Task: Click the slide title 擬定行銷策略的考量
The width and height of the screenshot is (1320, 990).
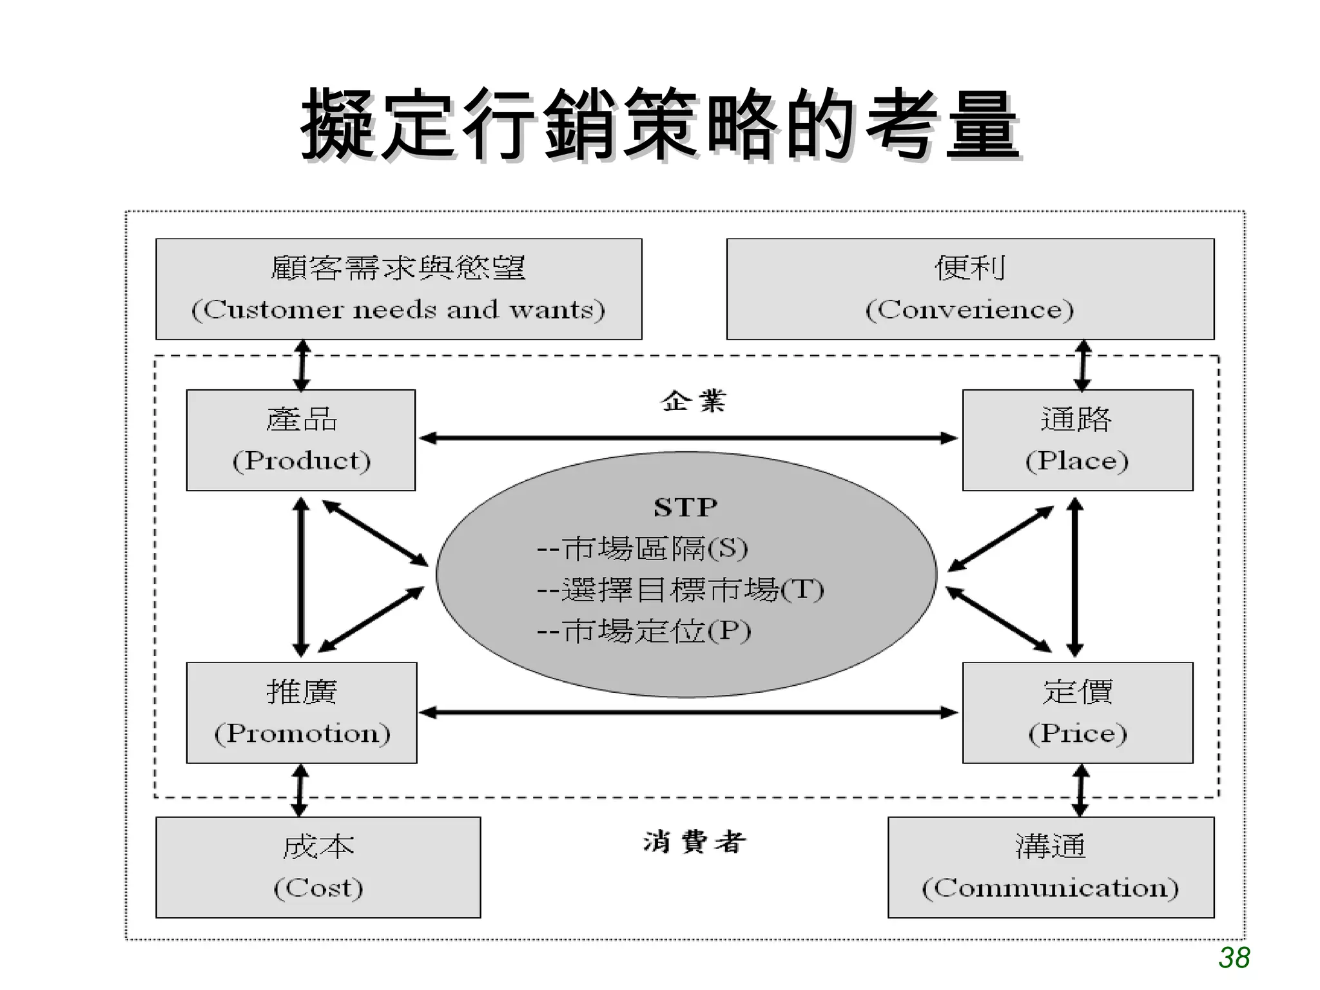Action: click(x=660, y=124)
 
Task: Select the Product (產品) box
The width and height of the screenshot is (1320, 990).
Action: click(x=301, y=440)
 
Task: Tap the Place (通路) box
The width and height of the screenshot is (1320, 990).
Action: click(x=1077, y=440)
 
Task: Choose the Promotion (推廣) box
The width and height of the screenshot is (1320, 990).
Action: click(x=302, y=712)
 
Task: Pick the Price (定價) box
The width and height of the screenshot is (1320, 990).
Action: click(x=1077, y=712)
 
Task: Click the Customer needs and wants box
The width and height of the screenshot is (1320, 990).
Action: click(x=398, y=289)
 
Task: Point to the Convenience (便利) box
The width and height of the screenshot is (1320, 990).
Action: click(x=970, y=289)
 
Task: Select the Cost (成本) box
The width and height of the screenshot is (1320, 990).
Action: click(x=318, y=867)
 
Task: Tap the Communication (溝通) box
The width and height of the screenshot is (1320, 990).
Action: click(x=1051, y=867)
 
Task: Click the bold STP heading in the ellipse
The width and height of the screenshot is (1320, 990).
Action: click(x=685, y=507)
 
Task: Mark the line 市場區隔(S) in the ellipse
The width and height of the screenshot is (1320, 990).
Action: click(x=643, y=548)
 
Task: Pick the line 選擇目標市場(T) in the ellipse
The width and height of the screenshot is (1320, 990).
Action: click(x=680, y=590)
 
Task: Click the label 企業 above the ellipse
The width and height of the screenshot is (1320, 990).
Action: click(x=694, y=401)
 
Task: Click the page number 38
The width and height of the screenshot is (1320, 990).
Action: click(x=1234, y=958)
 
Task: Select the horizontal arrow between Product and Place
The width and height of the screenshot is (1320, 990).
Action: click(x=688, y=438)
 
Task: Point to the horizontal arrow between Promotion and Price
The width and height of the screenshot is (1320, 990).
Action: click(x=688, y=712)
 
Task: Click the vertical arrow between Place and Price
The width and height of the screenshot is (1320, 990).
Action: click(x=1074, y=577)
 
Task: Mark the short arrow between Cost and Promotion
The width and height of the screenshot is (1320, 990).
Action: click(x=300, y=790)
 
